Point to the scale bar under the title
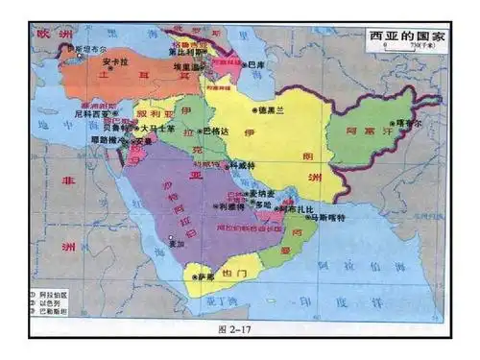coord(403,50)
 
